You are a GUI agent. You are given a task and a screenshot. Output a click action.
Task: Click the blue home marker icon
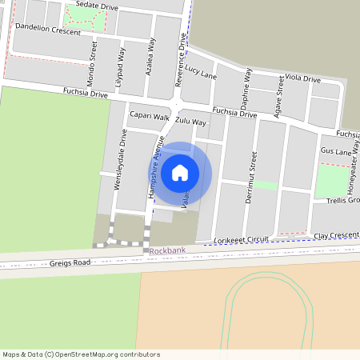tap(180, 173)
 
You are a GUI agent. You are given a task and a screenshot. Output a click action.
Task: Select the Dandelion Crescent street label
tap(47, 31)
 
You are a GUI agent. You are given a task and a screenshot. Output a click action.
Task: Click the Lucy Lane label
tap(200, 73)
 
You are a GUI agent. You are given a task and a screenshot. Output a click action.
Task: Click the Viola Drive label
tap(302, 79)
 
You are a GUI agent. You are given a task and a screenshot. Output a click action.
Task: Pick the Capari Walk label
tap(150, 116)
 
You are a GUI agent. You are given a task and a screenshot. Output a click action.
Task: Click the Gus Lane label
tap(335, 150)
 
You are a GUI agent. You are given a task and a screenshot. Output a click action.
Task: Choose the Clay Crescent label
tap(336, 235)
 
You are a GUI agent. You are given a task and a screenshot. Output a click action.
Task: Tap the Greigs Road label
tap(71, 262)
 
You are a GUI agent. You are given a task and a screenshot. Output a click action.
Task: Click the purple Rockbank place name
tap(167, 251)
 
